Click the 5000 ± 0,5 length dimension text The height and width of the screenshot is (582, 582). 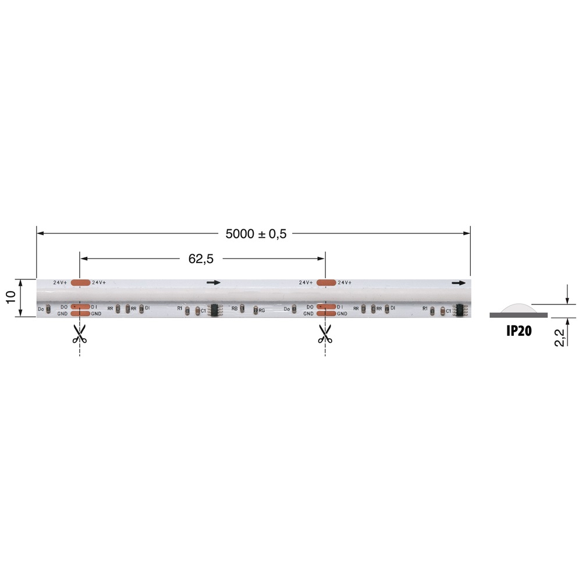pyautogui.click(x=256, y=234)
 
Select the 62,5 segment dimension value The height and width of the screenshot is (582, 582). pyautogui.click(x=200, y=259)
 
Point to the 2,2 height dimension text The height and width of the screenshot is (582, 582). pyautogui.click(x=560, y=337)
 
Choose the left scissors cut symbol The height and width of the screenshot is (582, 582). pyautogui.click(x=79, y=333)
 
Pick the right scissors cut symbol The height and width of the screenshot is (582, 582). pyautogui.click(x=325, y=333)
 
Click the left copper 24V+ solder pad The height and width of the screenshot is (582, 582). pyautogui.click(x=80, y=282)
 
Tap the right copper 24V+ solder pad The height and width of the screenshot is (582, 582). pyautogui.click(x=326, y=282)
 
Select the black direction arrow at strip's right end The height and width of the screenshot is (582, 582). pyautogui.click(x=459, y=283)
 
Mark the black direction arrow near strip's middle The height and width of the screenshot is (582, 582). pyautogui.click(x=214, y=283)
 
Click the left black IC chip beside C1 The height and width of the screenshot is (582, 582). pyautogui.click(x=213, y=310)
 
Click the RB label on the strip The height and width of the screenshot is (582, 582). pyautogui.click(x=235, y=307)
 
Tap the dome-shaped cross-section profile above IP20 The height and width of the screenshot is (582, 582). pyautogui.click(x=518, y=308)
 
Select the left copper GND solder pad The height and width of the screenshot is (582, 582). pyautogui.click(x=80, y=314)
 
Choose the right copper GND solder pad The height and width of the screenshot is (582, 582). pyautogui.click(x=326, y=314)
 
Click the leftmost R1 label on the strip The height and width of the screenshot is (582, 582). pyautogui.click(x=180, y=307)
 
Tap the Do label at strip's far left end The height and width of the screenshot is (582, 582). pyautogui.click(x=41, y=308)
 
